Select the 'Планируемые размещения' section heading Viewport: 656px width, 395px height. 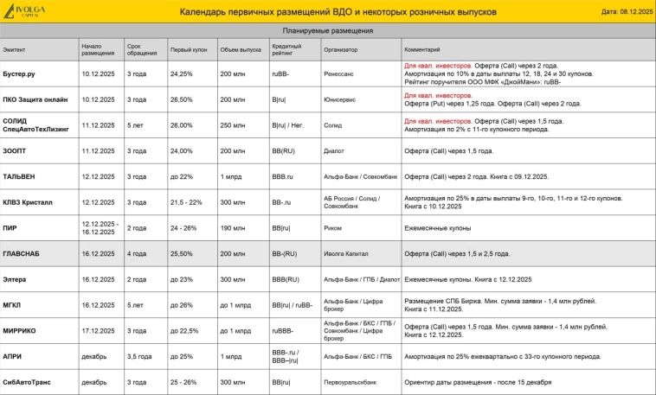pyautogui.click(x=328, y=30)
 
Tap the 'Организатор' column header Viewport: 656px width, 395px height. pyautogui.click(x=340, y=49)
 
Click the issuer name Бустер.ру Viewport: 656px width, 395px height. pyautogui.click(x=19, y=73)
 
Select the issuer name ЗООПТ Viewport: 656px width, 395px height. pyautogui.click(x=15, y=151)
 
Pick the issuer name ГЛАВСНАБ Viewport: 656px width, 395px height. pyautogui.click(x=21, y=254)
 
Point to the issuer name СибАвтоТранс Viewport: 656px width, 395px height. pyautogui.click(x=26, y=382)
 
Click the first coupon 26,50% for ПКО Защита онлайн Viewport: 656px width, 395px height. pyautogui.click(x=182, y=99)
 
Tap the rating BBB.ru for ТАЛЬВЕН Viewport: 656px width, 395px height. pyautogui.click(x=282, y=176)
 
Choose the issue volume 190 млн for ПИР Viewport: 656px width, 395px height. pyautogui.click(x=232, y=228)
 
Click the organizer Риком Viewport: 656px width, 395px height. pyautogui.click(x=333, y=228)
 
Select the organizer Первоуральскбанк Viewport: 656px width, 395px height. pyautogui.click(x=350, y=382)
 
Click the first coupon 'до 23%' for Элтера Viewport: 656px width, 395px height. pyautogui.click(x=181, y=279)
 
